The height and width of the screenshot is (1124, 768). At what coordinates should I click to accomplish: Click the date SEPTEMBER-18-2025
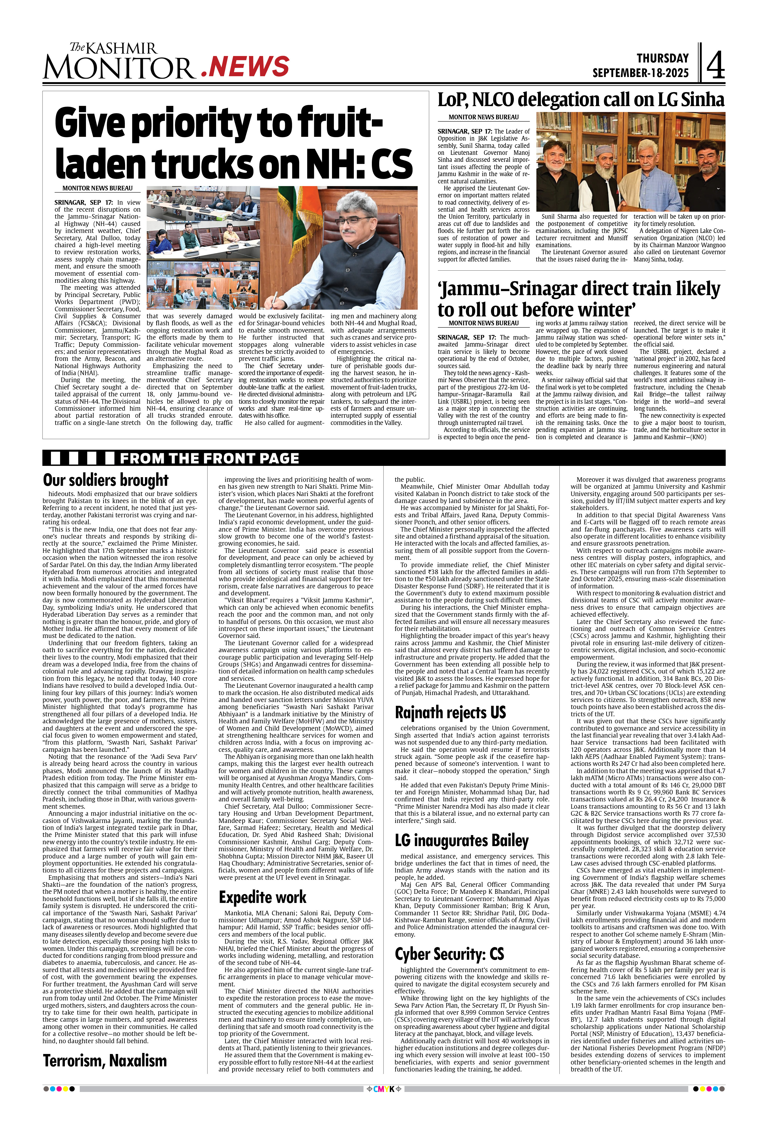640,73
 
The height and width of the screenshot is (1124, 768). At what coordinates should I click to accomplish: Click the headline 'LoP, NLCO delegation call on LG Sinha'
581,100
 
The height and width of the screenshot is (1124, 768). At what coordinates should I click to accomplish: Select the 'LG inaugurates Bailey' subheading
461,841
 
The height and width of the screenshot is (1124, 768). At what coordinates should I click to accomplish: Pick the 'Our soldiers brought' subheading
105,480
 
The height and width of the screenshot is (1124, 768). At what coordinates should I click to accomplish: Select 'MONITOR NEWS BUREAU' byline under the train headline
483,323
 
